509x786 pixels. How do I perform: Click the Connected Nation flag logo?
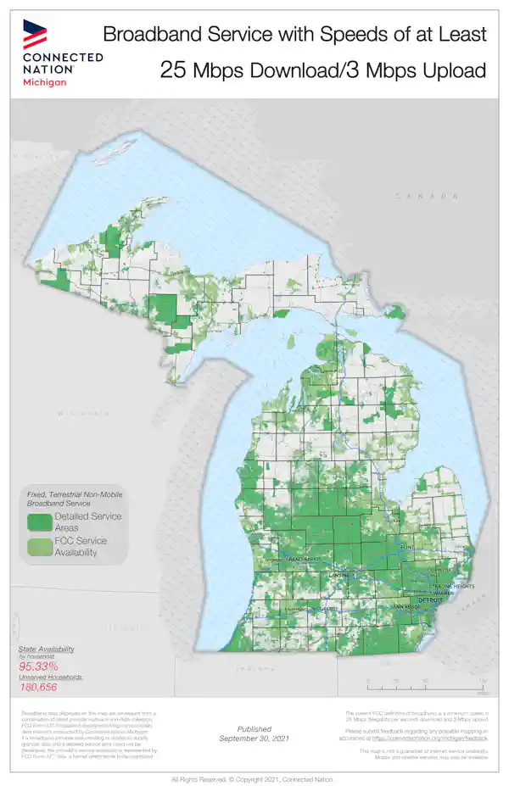35,33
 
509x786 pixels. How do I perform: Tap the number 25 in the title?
174,70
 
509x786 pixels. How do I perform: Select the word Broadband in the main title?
154,34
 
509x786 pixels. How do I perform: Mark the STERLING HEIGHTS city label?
450,586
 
